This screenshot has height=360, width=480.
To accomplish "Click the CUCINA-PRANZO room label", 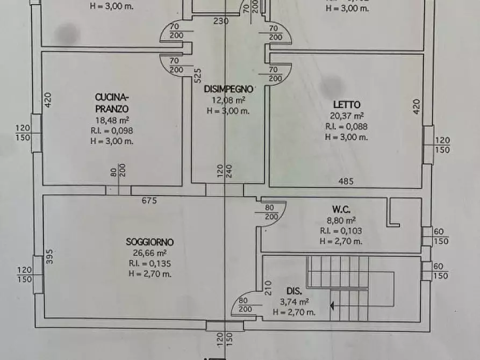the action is click(112, 102).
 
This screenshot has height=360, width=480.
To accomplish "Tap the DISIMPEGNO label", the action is click(228, 89).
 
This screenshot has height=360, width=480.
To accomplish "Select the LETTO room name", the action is click(346, 105).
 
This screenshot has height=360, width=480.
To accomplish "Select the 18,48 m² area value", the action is click(112, 120).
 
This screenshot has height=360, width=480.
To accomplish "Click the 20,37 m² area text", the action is click(346, 116).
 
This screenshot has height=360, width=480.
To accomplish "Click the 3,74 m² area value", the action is click(293, 302).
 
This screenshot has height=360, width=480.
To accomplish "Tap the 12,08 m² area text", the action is click(228, 100).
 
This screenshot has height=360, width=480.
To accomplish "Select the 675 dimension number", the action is click(149, 200).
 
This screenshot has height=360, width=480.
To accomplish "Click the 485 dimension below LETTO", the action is click(346, 182).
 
